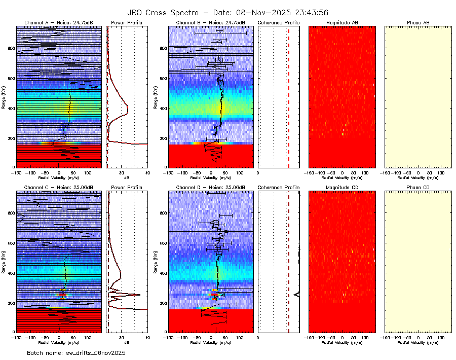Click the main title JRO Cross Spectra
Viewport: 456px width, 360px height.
(228, 13)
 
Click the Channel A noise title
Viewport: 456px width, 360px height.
(58, 23)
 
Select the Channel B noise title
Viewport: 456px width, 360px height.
(210, 23)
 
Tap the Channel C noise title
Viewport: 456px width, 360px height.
(58, 188)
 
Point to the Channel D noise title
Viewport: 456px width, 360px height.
(210, 188)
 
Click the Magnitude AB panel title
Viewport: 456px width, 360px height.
(342, 23)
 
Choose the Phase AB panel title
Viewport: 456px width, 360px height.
(418, 23)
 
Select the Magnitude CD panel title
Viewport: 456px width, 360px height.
(342, 188)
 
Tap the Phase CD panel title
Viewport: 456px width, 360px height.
(418, 188)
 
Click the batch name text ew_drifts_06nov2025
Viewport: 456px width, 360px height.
(76, 352)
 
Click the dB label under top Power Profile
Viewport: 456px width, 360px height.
(127, 178)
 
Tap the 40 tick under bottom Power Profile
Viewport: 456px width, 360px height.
(147, 337)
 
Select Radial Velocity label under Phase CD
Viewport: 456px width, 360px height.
(418, 342)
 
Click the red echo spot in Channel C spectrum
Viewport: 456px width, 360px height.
(61, 295)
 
